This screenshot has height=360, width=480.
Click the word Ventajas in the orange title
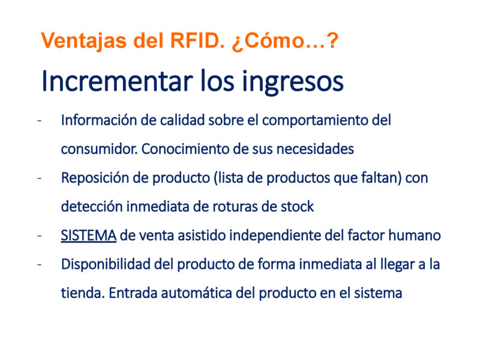83,40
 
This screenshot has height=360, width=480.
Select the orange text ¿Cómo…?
285,40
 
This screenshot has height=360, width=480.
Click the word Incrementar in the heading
117,81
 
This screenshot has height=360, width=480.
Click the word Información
99,120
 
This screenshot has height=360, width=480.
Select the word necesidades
315,149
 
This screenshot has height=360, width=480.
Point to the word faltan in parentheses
380,178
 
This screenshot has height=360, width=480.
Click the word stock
297,206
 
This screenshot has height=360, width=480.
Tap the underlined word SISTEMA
88,235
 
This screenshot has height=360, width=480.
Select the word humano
415,235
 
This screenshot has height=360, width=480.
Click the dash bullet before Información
39,121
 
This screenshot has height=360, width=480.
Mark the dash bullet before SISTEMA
39,236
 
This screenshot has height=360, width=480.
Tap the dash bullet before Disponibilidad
39,265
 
